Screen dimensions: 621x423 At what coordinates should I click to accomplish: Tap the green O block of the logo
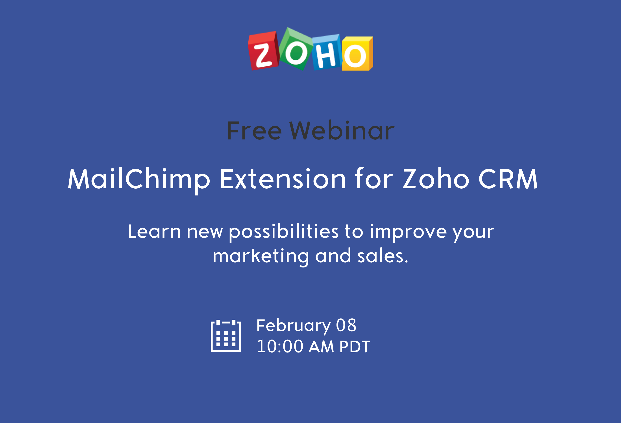pos(296,49)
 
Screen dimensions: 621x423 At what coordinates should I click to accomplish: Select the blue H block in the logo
pos(327,52)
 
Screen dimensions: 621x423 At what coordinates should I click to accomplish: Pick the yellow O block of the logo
pos(357,54)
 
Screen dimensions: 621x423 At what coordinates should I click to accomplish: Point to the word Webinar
pos(342,130)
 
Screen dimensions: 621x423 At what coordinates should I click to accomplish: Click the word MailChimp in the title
pos(139,180)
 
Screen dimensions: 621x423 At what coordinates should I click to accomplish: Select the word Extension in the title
pos(283,179)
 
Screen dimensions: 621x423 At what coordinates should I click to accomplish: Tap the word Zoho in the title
pos(436,179)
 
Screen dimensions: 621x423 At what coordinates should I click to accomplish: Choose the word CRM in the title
pos(508,179)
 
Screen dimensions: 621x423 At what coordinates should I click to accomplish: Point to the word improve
pos(408,232)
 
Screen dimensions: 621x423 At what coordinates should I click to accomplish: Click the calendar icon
pos(226,336)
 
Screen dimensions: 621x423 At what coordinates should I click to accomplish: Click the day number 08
pos(346,325)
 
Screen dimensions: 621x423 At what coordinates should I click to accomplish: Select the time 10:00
pos(280,346)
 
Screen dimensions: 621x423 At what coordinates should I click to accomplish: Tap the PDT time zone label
pos(355,347)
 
